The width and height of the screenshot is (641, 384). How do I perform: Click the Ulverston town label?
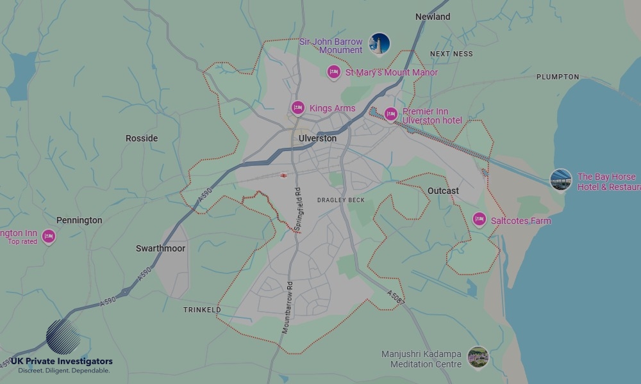[x=317, y=138]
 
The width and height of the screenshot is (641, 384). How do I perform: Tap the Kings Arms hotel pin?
[x=297, y=108]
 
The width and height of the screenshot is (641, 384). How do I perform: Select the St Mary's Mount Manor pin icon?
[x=333, y=72]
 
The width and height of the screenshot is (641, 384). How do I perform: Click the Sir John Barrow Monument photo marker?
[x=379, y=44]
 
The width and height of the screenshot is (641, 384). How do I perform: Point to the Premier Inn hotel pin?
[x=391, y=115]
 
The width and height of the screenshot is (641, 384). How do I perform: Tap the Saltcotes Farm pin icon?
[x=479, y=220]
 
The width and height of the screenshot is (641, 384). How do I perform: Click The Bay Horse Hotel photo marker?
[x=561, y=179]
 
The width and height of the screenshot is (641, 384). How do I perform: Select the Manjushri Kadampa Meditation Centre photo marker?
[x=478, y=357]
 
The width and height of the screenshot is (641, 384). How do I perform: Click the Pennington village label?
[x=79, y=220]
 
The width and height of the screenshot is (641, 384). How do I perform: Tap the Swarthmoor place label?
[x=160, y=248]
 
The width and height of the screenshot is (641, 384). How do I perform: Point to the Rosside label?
[x=142, y=138]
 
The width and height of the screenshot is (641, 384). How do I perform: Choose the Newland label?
[x=433, y=17]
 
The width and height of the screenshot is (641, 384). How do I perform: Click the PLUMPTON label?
[x=558, y=77]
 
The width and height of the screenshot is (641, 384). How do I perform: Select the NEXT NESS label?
[x=451, y=54]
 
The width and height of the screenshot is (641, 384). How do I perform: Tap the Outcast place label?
[x=443, y=191]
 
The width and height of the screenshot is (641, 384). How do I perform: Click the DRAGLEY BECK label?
[x=341, y=200]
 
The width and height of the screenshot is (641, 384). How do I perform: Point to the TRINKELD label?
[x=202, y=310]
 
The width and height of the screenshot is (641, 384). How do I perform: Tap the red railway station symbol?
[x=283, y=175]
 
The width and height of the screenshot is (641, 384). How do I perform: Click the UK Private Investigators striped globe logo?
[x=63, y=337]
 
